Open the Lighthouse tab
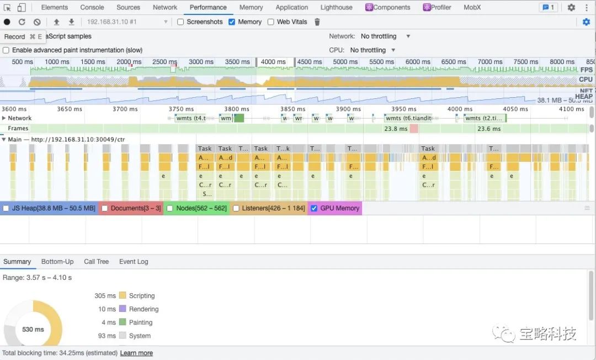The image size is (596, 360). [336, 7]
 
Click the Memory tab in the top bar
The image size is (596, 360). [251, 7]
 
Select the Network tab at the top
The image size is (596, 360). [165, 7]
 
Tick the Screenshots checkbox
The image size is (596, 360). [180, 22]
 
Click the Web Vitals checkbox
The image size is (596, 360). [271, 22]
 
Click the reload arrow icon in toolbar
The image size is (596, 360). [22, 22]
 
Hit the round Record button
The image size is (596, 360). [7, 22]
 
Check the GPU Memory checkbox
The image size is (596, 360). [314, 208]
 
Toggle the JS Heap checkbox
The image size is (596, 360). [6, 208]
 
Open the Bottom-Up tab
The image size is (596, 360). [57, 262]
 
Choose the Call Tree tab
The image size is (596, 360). [96, 262]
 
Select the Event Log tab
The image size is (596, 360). [134, 262]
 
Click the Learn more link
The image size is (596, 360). [136, 353]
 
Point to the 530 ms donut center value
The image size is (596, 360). [33, 330]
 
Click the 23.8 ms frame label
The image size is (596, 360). [396, 129]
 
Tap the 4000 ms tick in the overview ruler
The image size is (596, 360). [273, 62]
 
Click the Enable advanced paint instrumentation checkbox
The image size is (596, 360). [6, 50]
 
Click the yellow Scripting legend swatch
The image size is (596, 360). [123, 295]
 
